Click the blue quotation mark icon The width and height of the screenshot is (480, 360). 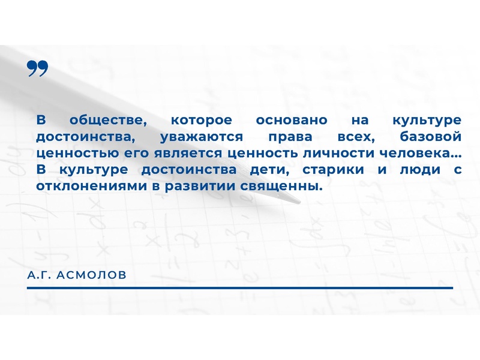[37, 69]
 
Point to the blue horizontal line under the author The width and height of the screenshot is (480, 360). [240, 288]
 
